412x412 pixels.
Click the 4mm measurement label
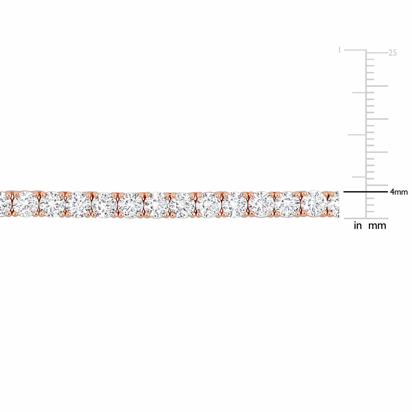(x=399, y=192)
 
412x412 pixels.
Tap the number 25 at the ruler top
(x=392, y=53)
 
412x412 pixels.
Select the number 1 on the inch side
(x=340, y=50)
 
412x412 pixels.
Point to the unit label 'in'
(x=357, y=226)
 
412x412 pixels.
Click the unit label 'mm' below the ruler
(x=377, y=226)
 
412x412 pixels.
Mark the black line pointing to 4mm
(x=366, y=192)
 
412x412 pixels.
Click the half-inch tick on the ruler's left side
(x=357, y=135)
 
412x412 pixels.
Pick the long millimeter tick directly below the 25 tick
(x=377, y=86)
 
